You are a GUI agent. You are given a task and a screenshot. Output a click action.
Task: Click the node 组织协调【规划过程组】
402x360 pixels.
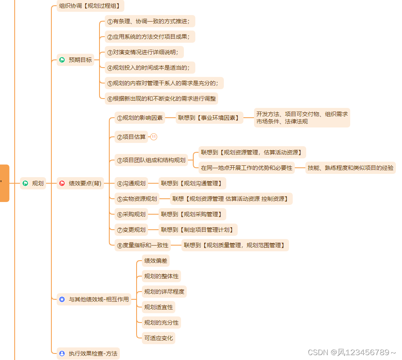(x=91, y=6)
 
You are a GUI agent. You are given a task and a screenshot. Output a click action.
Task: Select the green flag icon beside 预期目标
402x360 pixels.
(x=62, y=60)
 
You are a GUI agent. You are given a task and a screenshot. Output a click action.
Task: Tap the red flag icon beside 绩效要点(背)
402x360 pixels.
(x=62, y=183)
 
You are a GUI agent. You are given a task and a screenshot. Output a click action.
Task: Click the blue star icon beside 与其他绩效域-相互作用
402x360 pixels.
(x=62, y=299)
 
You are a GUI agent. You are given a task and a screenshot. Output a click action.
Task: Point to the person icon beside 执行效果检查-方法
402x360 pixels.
(x=62, y=353)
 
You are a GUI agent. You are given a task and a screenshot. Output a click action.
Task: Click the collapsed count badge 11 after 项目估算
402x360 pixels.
(x=154, y=137)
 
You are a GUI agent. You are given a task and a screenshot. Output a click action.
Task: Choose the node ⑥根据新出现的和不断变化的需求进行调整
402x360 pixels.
(x=161, y=99)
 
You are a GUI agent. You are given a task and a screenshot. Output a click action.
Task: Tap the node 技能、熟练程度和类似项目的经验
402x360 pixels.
(x=351, y=168)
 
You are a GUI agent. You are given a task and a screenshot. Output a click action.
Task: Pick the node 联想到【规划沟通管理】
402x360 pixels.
(x=192, y=183)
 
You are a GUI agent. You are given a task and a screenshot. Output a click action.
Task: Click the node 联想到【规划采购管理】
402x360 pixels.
(x=192, y=214)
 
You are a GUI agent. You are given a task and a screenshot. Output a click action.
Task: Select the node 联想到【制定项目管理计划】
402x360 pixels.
(x=198, y=230)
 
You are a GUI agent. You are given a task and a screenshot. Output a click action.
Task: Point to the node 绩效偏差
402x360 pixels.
(x=156, y=261)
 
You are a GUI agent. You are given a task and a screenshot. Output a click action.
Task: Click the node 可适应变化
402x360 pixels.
(x=159, y=338)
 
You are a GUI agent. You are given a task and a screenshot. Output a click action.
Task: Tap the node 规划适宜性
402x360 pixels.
(x=159, y=307)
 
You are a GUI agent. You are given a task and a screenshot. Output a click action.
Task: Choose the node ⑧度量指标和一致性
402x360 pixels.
(x=143, y=245)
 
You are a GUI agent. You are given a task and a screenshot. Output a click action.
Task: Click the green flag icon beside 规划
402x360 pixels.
(x=25, y=183)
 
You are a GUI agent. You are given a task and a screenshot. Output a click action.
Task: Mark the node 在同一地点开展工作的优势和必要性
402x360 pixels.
(x=247, y=168)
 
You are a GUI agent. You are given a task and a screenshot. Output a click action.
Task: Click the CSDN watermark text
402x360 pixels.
(x=352, y=352)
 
